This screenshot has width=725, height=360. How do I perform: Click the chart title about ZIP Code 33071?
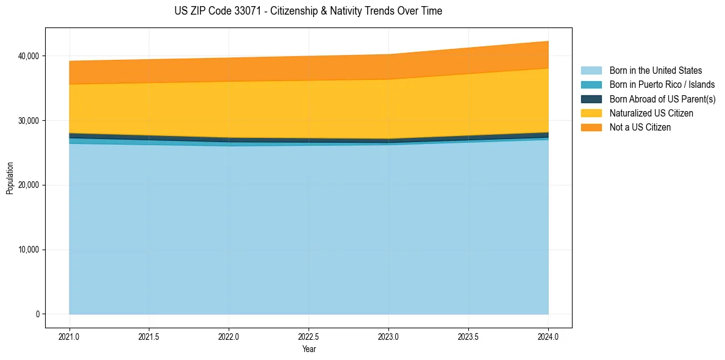pos(308,11)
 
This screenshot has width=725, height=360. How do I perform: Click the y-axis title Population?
pos(10,178)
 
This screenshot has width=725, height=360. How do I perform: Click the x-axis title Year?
pos(309,349)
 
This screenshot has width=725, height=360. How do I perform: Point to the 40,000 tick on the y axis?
pos(28,56)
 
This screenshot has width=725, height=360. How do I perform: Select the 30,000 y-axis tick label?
pos(28,121)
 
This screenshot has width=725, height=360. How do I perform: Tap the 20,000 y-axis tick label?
pos(28,185)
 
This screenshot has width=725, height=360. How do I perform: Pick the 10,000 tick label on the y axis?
pos(28,250)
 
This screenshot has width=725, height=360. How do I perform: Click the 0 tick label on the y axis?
pos(37,314)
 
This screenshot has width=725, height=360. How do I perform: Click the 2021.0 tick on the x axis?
pos(70,336)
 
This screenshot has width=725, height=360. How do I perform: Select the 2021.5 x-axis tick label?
pos(149,336)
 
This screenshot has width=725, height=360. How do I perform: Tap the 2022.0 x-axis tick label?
pos(229,336)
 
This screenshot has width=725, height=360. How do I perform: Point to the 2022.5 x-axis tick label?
pos(309,336)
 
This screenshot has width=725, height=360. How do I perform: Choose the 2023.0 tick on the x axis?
pos(388,336)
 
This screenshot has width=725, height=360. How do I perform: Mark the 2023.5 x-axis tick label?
pos(468,336)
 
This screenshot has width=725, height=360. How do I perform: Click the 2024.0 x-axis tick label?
pos(548,336)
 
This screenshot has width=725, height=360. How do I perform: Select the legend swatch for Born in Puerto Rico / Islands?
pos(591,85)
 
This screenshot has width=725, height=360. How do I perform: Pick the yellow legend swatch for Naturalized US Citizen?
pos(591,113)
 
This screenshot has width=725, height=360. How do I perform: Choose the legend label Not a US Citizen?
pos(640,128)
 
